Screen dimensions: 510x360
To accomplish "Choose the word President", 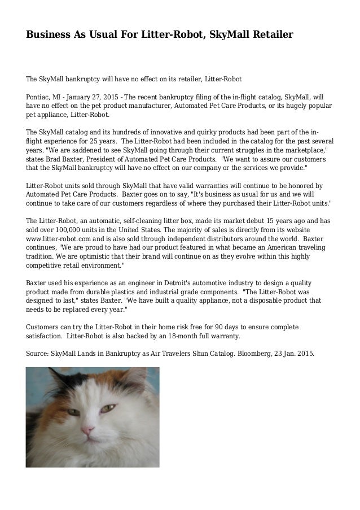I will pyautogui.click(x=105, y=159).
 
